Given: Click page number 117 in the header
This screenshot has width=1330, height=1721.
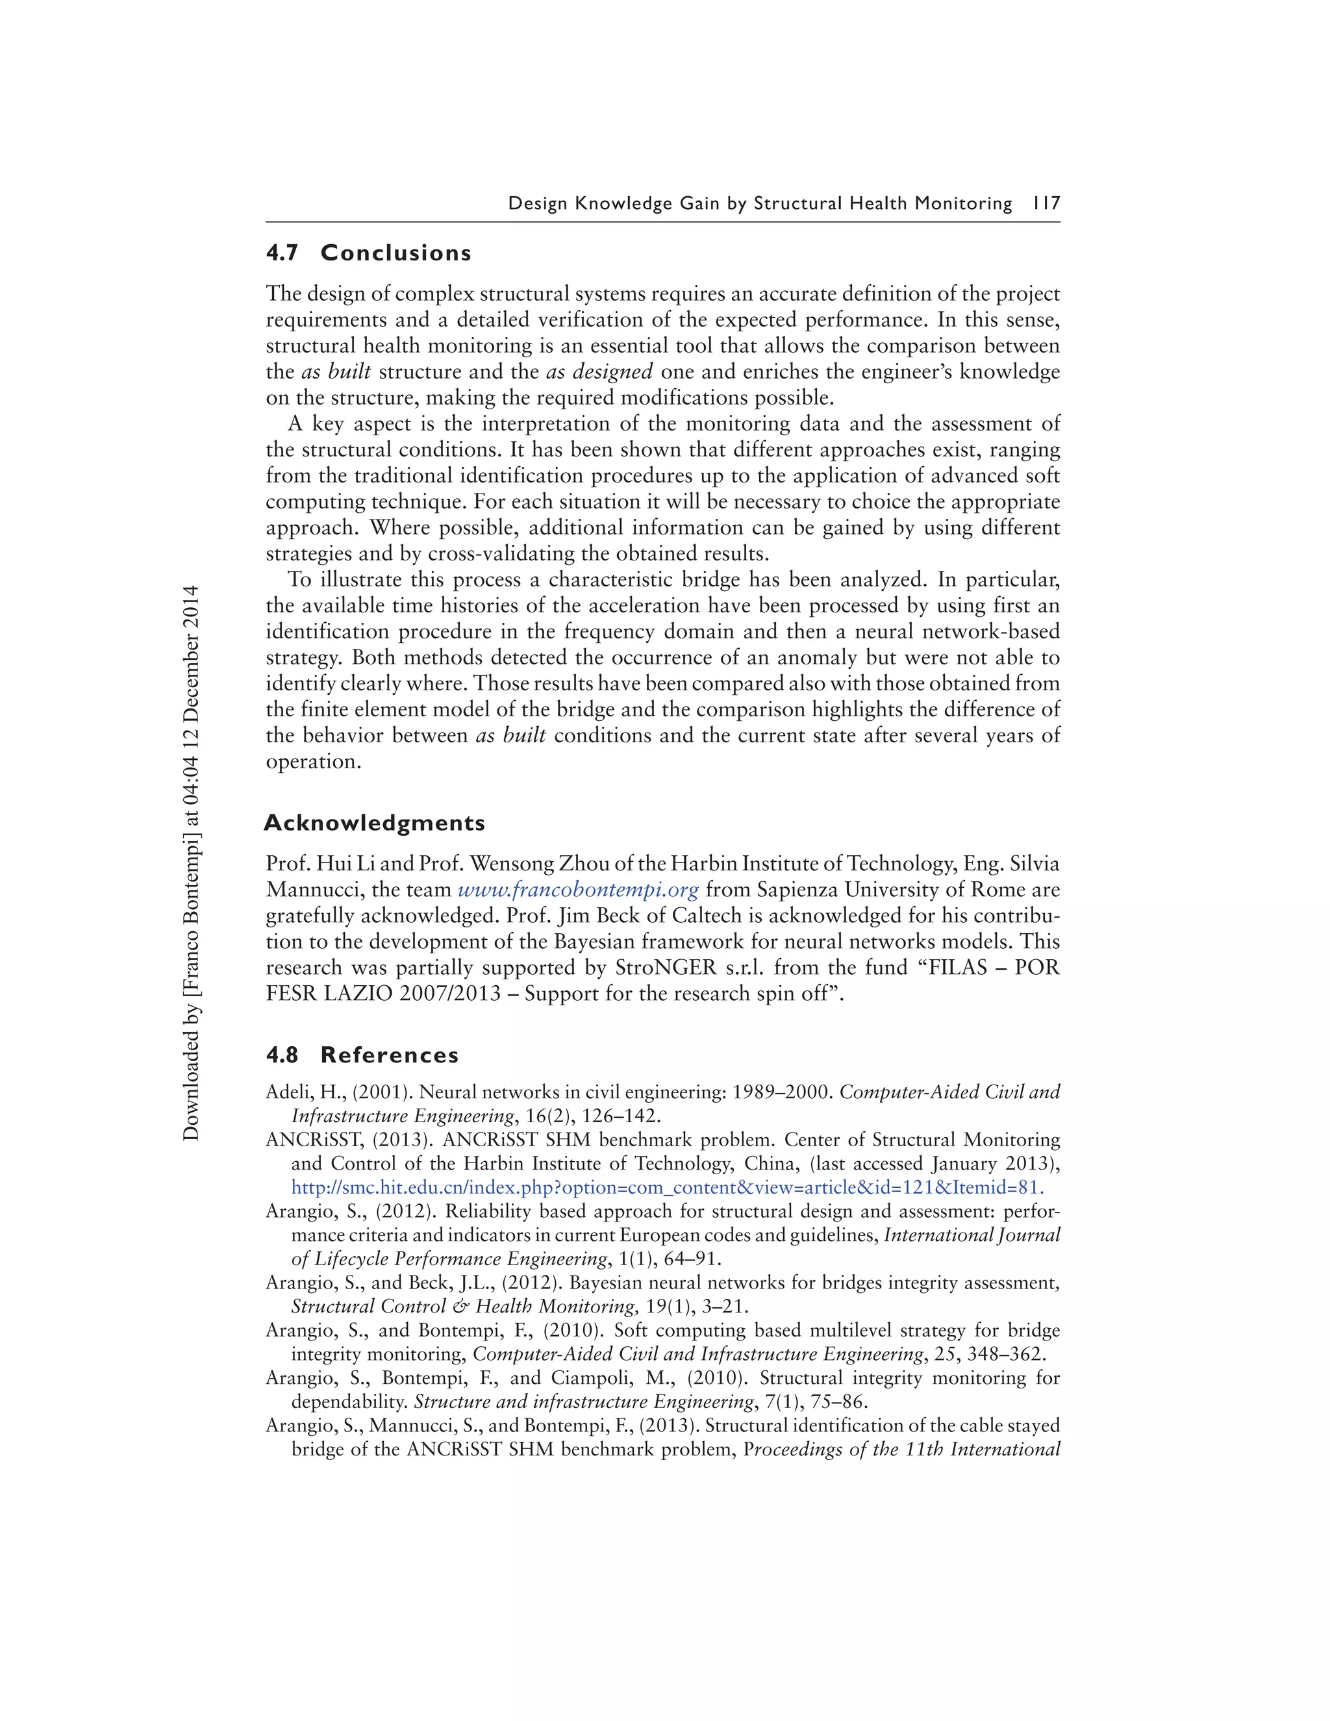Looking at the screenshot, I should click(1046, 203).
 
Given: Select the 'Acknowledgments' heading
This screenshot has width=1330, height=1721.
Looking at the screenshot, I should click(374, 823).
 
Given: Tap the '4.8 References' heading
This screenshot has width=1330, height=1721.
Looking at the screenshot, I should click(362, 1055).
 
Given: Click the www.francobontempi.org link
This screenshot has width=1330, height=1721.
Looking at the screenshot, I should click(577, 890).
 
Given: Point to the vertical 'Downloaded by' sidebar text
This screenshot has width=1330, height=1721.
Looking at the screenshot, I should click(192, 863).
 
